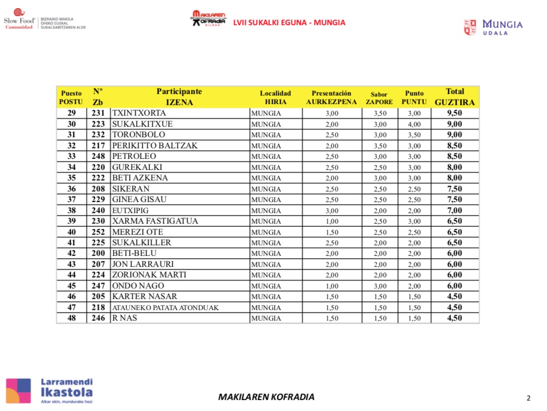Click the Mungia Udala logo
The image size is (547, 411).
[493, 27]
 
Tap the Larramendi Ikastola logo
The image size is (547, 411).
[49, 390]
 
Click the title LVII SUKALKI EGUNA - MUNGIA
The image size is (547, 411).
[289, 23]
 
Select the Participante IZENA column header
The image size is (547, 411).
[179, 97]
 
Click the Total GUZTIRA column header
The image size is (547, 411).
[455, 97]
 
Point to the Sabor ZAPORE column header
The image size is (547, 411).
[379, 98]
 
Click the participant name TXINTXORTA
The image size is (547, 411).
[139, 113]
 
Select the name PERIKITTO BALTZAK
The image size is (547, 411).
[155, 146]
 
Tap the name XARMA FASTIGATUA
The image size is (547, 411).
[155, 221]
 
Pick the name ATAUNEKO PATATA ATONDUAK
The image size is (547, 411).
[165, 307]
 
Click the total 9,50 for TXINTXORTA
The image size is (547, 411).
[455, 113]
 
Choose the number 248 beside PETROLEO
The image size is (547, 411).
[98, 156]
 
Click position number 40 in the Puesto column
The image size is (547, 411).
[71, 232]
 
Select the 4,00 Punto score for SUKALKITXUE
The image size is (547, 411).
[414, 124]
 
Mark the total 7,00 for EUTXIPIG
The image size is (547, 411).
[455, 211]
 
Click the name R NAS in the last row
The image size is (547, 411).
[125, 318]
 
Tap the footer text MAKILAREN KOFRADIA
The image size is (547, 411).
[266, 397]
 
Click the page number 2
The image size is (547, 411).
[528, 398]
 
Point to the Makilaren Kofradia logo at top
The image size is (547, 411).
[208, 19]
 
